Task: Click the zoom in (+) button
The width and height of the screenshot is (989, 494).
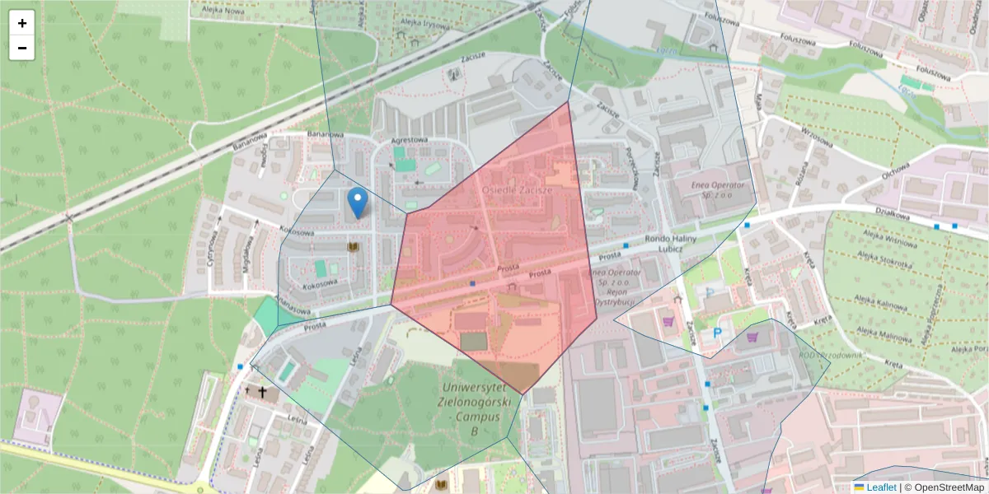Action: click(22, 23)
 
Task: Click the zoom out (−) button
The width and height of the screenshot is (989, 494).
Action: click(22, 48)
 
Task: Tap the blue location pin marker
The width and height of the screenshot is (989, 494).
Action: click(358, 202)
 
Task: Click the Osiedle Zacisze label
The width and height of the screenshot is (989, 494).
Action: click(517, 189)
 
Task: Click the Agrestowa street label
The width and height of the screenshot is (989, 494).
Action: click(410, 140)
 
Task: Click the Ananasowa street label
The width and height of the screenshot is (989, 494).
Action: click(293, 305)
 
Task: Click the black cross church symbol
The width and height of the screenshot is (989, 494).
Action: click(263, 392)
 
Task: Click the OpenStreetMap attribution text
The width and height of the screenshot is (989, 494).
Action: click(944, 487)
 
